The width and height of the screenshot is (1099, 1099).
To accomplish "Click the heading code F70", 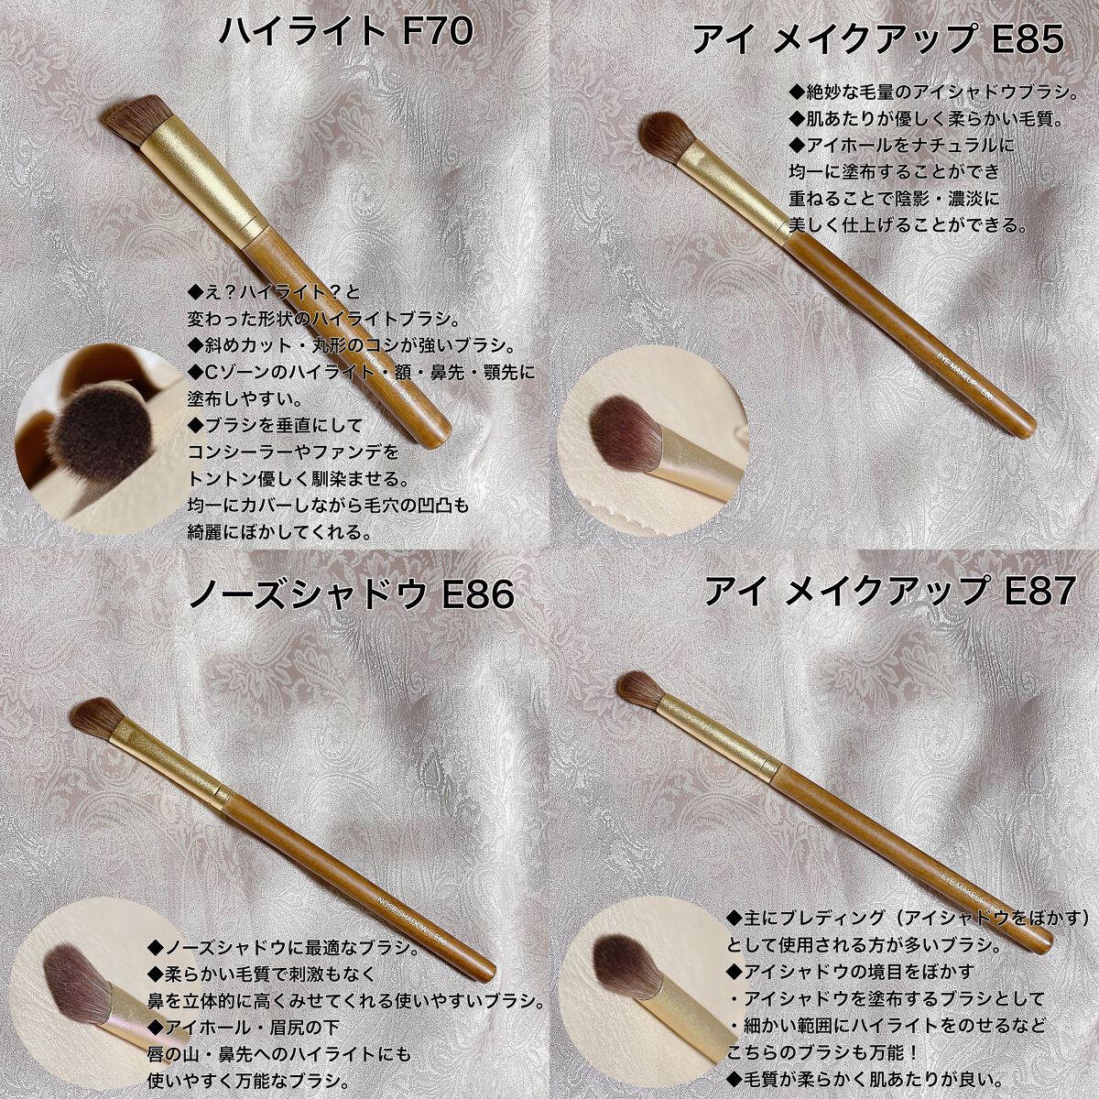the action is click(438, 32).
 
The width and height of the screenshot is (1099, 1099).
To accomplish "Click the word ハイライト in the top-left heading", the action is click(300, 32).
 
